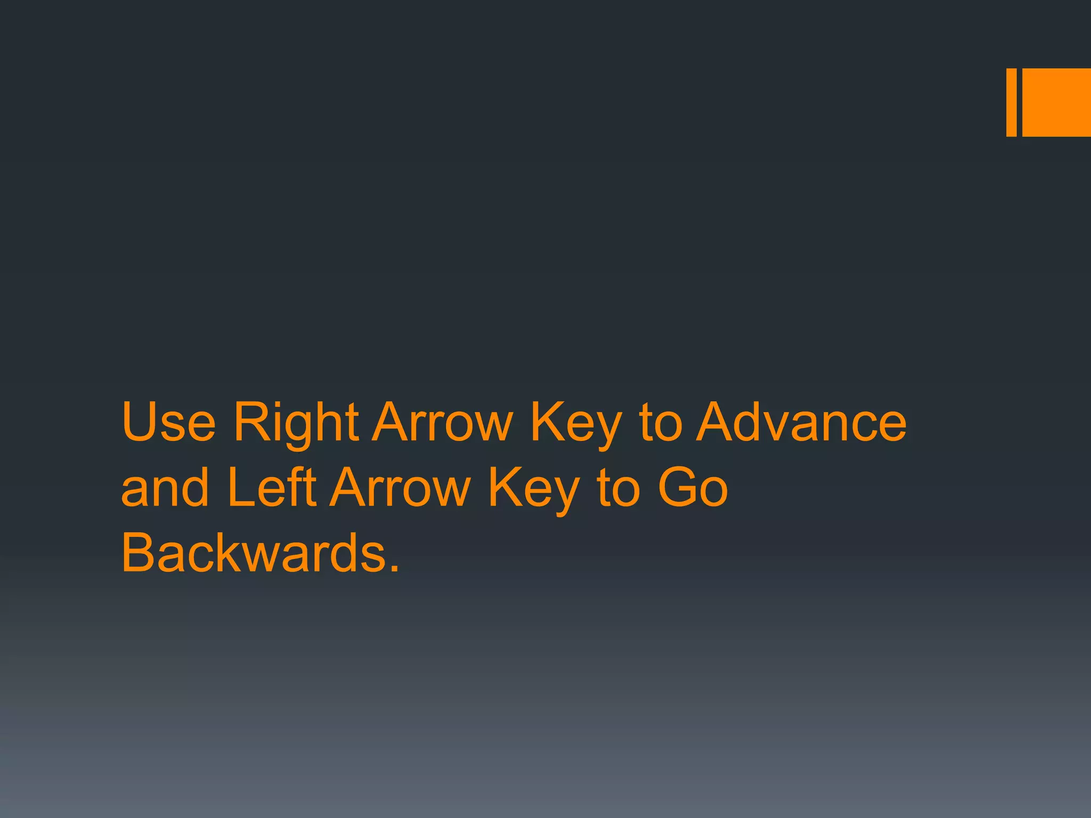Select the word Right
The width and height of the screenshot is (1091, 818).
point(296,423)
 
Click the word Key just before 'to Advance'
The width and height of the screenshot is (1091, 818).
point(576,423)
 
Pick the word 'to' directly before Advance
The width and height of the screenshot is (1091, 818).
point(661,423)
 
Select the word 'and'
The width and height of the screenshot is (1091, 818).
point(165,487)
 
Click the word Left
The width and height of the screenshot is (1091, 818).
point(272,487)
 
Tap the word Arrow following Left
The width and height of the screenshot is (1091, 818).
point(400,487)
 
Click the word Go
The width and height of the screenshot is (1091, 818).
point(693,487)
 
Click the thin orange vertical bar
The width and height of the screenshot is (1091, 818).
point(1011,102)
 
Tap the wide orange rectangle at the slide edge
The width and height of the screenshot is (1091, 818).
point(1056,102)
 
